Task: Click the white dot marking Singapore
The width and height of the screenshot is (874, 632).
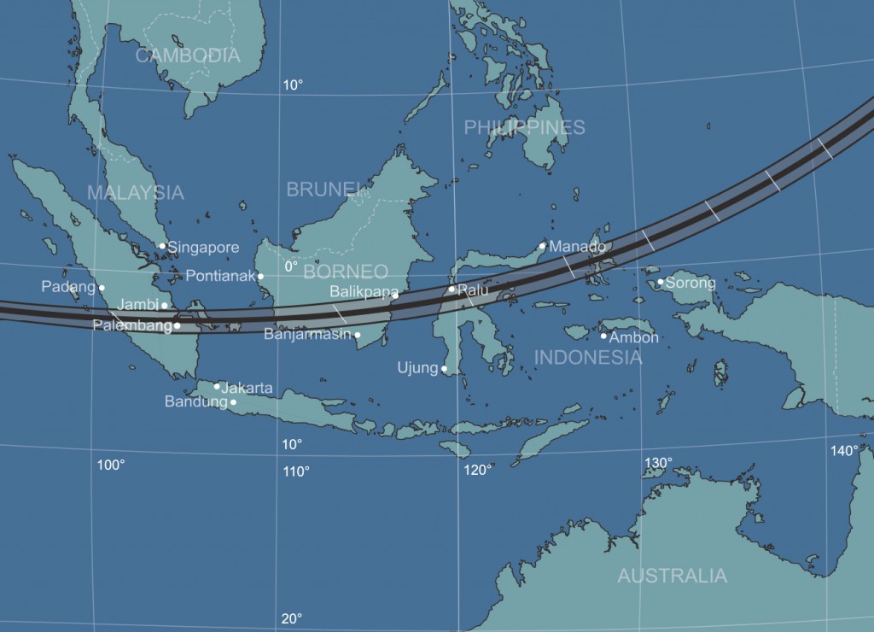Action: pos(162,246)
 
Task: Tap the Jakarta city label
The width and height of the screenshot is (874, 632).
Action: pos(247,388)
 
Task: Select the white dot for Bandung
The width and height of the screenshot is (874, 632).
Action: pos(233,402)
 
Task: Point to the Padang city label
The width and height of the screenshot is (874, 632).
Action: pos(68,287)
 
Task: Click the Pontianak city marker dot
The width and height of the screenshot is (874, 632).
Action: pos(261,276)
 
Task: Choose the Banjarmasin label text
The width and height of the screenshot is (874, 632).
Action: pos(307,334)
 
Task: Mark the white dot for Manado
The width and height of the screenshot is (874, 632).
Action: pos(542,246)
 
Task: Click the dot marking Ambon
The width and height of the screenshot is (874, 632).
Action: pos(603,336)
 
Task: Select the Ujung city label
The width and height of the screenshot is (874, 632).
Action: pos(417,368)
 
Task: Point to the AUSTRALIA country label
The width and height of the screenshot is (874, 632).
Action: pos(672,576)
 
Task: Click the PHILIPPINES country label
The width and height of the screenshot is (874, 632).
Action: pos(524,127)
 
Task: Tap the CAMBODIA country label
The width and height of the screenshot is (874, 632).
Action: pos(188,56)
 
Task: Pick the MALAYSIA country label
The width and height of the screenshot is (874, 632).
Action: pos(135,192)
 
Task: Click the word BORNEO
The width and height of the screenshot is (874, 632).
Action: pos(345,272)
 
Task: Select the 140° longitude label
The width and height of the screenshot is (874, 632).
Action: pos(844,451)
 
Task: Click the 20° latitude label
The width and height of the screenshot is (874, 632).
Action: pos(292,619)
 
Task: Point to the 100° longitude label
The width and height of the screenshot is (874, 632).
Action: pos(111,465)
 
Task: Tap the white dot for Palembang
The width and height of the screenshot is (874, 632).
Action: pos(177,325)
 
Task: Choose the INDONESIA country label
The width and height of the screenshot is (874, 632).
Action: pos(587,357)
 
